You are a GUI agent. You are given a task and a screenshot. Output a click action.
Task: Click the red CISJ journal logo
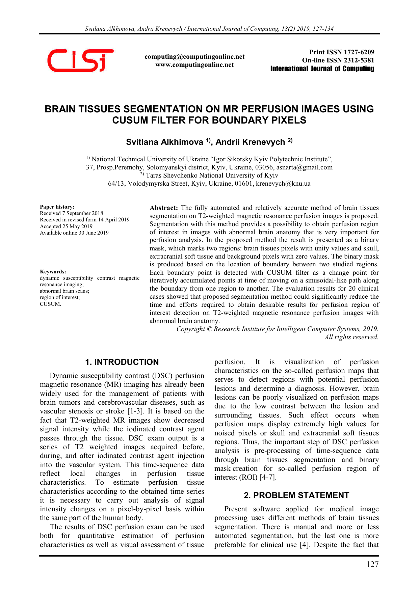pos(80,60)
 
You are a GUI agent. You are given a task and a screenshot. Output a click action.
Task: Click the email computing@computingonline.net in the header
pos(194,56)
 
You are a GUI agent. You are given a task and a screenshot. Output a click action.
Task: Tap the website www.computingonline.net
pos(194,65)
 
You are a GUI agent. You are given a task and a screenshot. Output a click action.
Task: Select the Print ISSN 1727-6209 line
pos(341,52)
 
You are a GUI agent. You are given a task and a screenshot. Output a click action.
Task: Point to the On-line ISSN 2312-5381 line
pos(338,60)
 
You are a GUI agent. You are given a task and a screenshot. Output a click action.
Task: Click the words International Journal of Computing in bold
pos(322,69)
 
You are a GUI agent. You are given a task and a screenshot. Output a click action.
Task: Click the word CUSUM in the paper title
pos(129,120)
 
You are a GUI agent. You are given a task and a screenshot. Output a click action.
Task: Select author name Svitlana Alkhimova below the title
pos(164,142)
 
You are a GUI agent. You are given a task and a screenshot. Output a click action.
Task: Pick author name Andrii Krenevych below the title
pos(250,142)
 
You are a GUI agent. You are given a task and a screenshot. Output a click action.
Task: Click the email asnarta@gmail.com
pos(305,167)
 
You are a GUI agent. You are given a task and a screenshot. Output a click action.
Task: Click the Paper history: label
pos(57,207)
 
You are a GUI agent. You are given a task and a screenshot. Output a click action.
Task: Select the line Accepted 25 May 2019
pos(66,226)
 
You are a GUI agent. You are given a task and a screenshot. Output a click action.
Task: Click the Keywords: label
pos(53,272)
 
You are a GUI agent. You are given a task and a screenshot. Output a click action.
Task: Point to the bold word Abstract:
pos(163,208)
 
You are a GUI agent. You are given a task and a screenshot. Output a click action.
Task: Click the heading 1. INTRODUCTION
pos(122,362)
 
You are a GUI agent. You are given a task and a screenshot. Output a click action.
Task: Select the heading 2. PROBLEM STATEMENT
pos(296,495)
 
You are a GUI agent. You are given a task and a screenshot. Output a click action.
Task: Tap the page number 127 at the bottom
pos(372,564)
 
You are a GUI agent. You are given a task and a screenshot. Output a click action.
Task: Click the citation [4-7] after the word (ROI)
pos(268,478)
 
